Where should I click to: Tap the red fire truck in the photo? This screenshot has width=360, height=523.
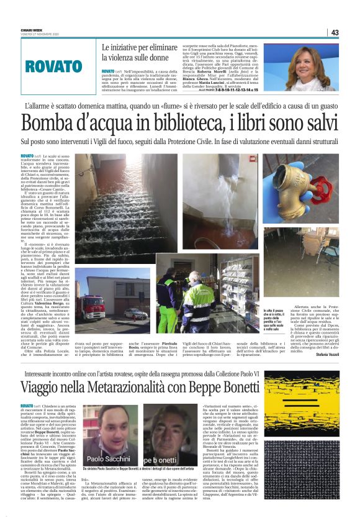[90, 306]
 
